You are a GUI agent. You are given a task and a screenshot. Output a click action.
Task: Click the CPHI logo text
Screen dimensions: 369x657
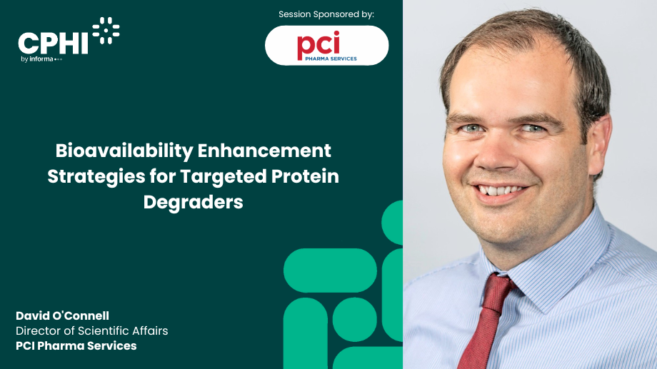tap(54, 43)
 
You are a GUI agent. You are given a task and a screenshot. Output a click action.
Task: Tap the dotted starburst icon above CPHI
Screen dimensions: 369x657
tap(106, 30)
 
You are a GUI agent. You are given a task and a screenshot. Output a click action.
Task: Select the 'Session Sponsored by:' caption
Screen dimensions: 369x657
tap(326, 14)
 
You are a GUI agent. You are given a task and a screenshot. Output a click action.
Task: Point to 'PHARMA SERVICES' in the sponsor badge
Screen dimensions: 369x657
tap(327, 59)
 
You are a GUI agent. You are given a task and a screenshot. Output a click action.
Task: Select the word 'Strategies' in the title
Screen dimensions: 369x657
tap(95, 176)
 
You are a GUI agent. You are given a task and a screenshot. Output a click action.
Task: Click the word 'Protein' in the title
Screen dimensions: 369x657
tap(303, 176)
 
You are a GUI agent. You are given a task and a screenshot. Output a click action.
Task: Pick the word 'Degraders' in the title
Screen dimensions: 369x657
tap(194, 202)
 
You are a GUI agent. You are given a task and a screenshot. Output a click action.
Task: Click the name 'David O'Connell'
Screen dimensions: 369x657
tap(62, 316)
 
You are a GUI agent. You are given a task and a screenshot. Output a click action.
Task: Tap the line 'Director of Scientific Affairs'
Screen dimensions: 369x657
tap(92, 331)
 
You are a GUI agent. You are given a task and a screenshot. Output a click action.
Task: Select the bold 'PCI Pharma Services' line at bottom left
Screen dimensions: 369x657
tap(76, 346)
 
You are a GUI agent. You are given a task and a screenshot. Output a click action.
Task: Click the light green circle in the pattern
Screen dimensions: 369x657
tap(355, 319)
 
